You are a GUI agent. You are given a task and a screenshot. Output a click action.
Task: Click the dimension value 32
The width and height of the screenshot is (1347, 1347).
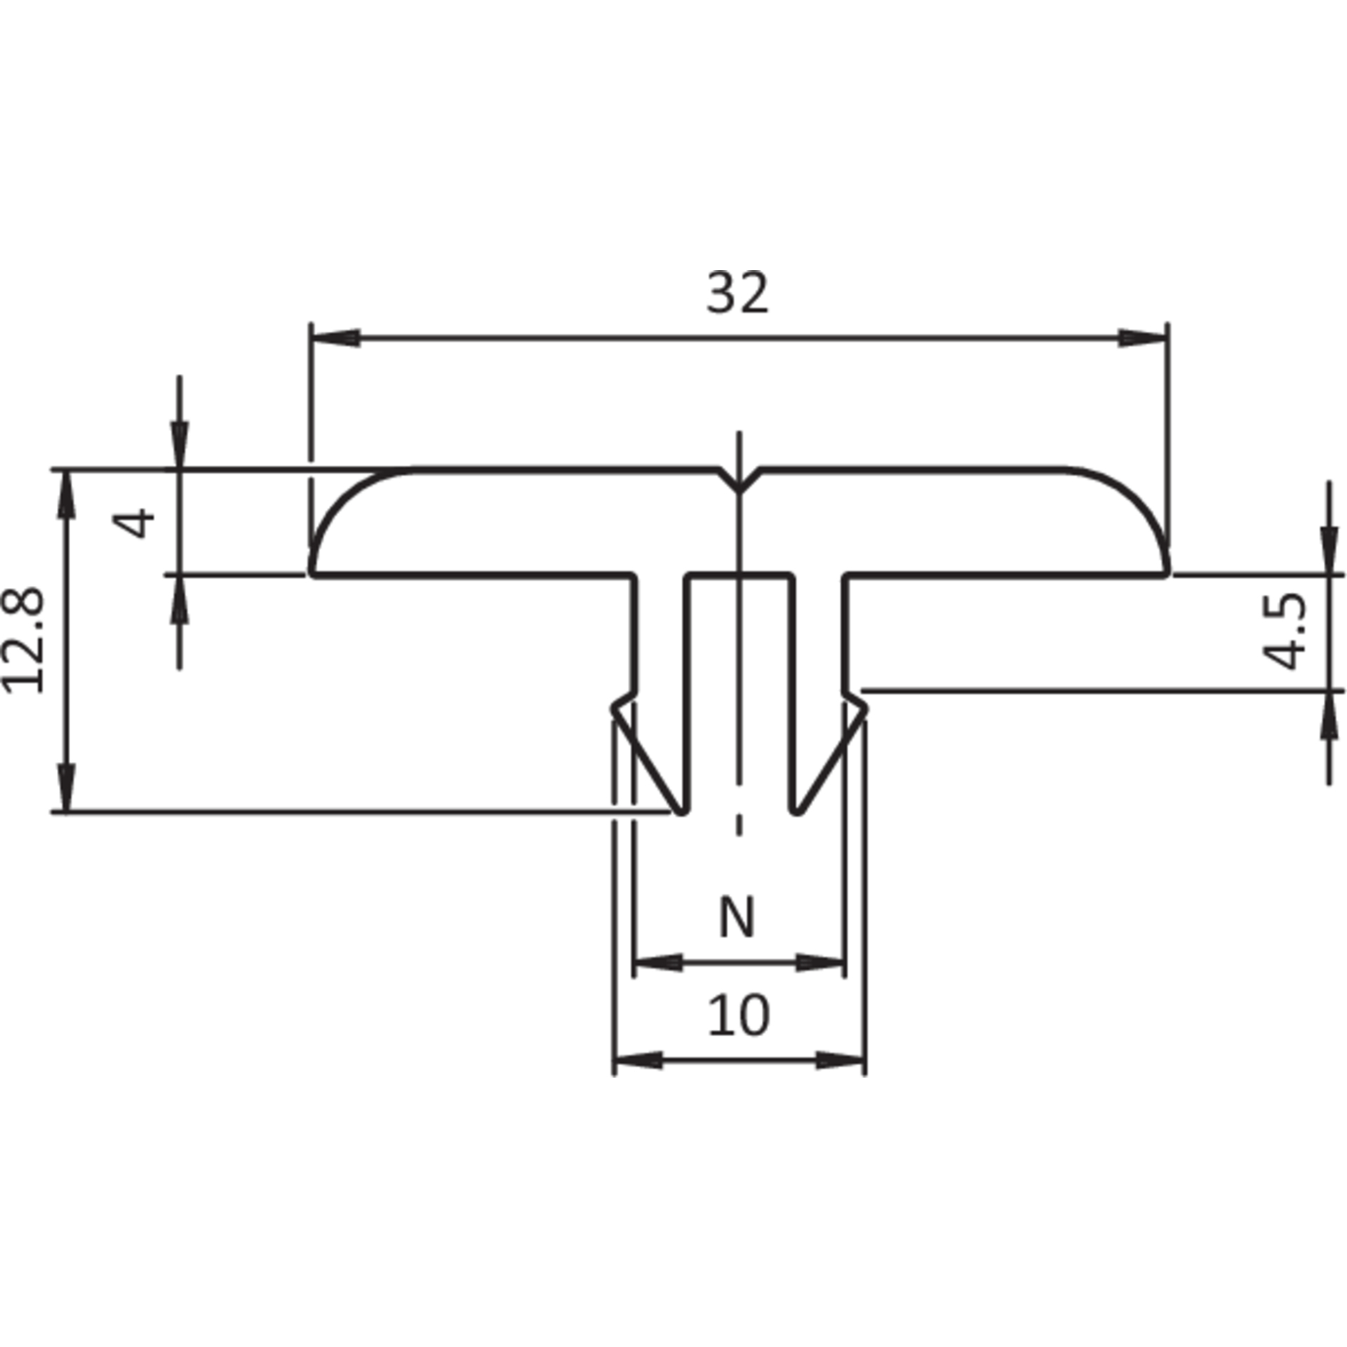pyautogui.click(x=737, y=293)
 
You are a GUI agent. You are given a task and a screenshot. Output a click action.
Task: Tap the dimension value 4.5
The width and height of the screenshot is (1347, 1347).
pyautogui.click(x=1285, y=631)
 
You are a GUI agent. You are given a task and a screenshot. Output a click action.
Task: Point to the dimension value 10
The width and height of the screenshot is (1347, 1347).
pyautogui.click(x=739, y=1014)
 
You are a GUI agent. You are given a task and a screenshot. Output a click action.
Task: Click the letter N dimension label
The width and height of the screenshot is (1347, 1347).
pyautogui.click(x=737, y=917)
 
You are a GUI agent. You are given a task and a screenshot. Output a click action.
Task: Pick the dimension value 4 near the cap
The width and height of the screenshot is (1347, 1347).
pyautogui.click(x=134, y=522)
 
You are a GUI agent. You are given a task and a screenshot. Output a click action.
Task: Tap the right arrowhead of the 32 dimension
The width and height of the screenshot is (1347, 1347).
pyautogui.click(x=1143, y=337)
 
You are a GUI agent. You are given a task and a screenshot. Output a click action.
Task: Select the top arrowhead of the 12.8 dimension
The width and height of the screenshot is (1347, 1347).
pyautogui.click(x=66, y=495)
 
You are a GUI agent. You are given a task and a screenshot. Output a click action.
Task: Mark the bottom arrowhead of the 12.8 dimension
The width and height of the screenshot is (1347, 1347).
pyautogui.click(x=66, y=788)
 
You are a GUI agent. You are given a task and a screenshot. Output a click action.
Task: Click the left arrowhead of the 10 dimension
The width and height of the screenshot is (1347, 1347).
pyautogui.click(x=638, y=1060)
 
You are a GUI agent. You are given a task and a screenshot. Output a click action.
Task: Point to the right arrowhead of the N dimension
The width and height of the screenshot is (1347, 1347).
pyautogui.click(x=819, y=963)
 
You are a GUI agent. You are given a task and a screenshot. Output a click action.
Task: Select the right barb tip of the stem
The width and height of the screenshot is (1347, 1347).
pyautogui.click(x=866, y=709)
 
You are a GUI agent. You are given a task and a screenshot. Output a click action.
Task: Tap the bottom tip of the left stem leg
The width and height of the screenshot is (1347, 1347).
pyautogui.click(x=681, y=812)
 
